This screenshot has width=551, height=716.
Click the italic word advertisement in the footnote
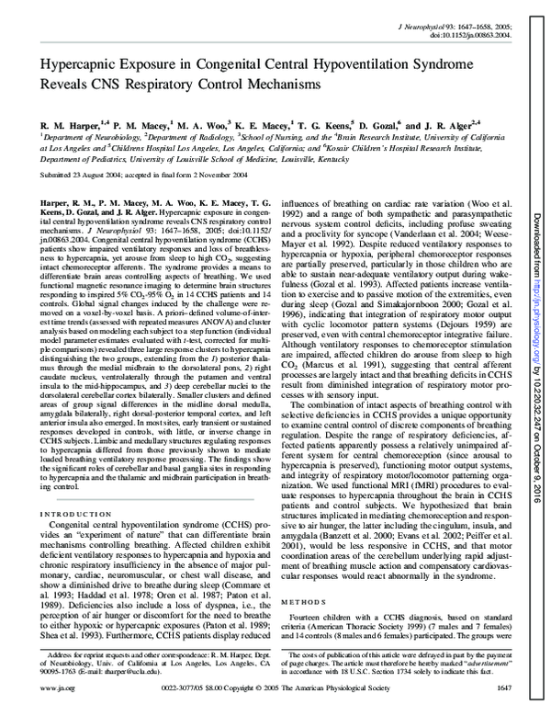click(457, 663)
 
